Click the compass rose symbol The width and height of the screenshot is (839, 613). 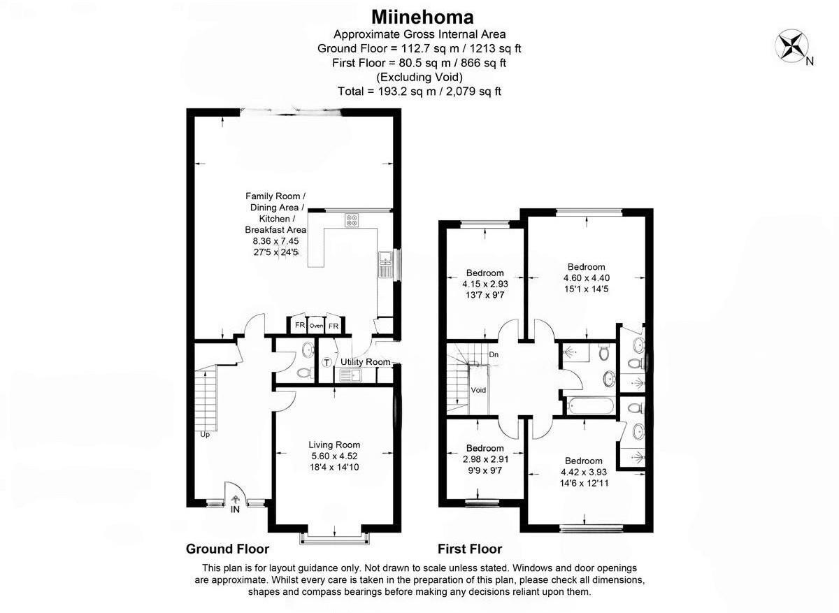[x=792, y=45]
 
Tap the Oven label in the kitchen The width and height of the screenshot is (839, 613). [x=317, y=326]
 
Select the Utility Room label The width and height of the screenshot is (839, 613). [x=365, y=361]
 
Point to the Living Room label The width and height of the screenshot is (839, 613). [x=334, y=444]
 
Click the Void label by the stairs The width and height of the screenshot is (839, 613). [x=478, y=390]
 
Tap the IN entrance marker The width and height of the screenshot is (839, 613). [x=236, y=511]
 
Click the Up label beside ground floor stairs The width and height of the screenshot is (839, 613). [x=205, y=434]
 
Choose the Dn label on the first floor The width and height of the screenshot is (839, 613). [x=494, y=355]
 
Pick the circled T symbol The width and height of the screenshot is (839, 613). [x=327, y=362]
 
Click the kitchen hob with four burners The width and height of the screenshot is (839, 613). [x=352, y=219]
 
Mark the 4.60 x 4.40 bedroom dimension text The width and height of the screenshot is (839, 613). [x=586, y=277]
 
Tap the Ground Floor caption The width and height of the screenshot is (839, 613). [x=227, y=549]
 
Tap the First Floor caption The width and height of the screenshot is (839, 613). [x=470, y=549]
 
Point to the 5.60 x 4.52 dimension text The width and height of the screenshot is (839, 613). [x=334, y=456]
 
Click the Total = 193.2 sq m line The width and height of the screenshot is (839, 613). [x=419, y=91]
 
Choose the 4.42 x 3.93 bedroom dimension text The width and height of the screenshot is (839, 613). [x=584, y=472]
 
